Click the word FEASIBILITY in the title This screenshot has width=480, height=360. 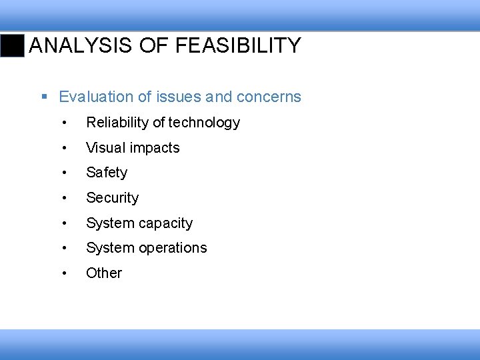pos(238,46)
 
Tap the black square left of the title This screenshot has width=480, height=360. pos(13,46)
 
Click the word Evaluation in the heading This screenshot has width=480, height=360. pos(96,97)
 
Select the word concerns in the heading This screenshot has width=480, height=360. pos(269,97)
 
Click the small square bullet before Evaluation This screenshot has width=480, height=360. pos(45,97)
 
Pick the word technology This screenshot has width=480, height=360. pos(204,123)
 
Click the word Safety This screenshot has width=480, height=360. pos(107,173)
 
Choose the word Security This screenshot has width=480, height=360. pos(112,198)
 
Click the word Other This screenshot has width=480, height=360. pos(104,273)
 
